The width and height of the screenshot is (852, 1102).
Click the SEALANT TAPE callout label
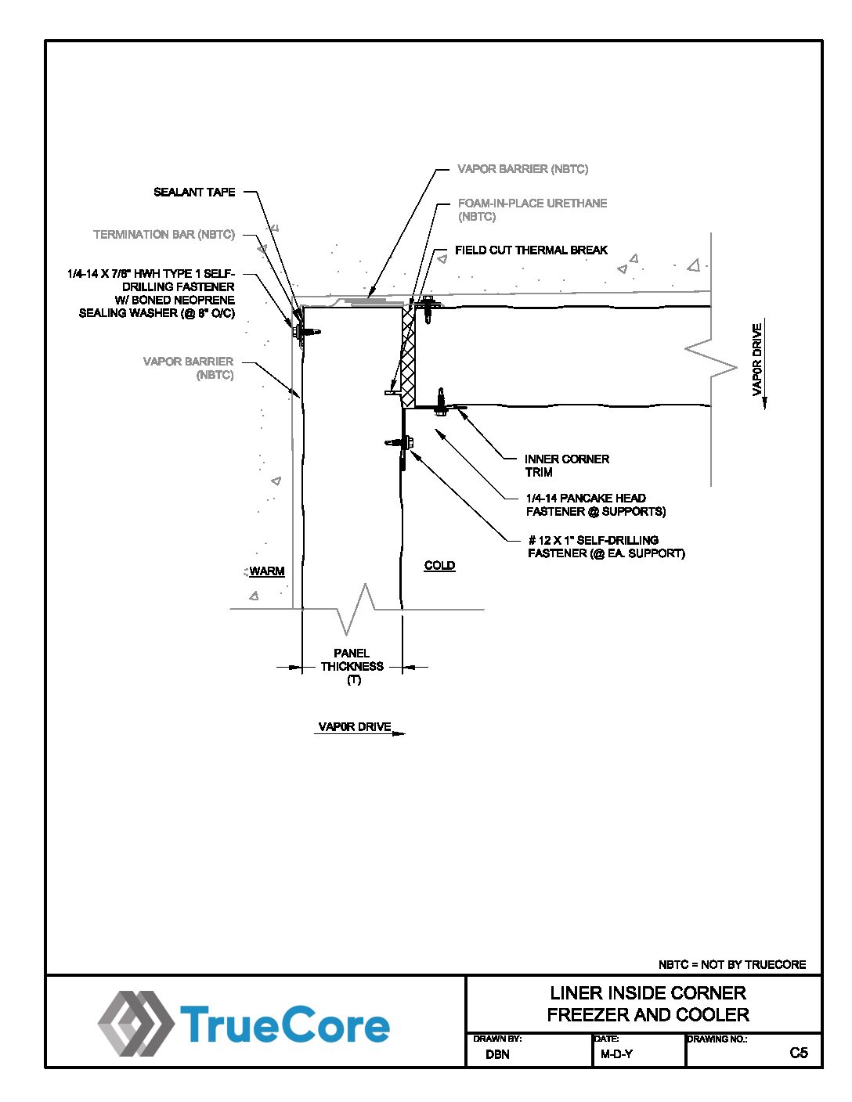pyautogui.click(x=194, y=192)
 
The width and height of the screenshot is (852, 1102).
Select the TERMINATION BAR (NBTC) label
pyautogui.click(x=164, y=234)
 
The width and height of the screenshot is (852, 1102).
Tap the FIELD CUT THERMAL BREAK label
pyautogui.click(x=531, y=250)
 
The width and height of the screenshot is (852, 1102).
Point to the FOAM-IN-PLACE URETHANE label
pyautogui.click(x=532, y=209)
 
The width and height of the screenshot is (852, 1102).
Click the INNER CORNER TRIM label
pyautogui.click(x=566, y=465)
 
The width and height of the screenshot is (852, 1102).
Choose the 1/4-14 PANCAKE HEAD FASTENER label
pyautogui.click(x=595, y=505)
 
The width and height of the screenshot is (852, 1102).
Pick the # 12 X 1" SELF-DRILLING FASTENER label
pyautogui.click(x=605, y=546)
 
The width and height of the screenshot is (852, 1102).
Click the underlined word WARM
pyautogui.click(x=267, y=571)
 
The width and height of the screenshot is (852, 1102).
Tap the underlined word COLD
pyautogui.click(x=439, y=565)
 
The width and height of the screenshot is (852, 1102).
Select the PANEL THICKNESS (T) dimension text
pyautogui.click(x=352, y=666)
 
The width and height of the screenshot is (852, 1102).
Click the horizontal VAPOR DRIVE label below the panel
pyautogui.click(x=355, y=727)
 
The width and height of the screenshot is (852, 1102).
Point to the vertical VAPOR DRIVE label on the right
pyautogui.click(x=757, y=360)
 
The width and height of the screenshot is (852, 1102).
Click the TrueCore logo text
pyautogui.click(x=285, y=1025)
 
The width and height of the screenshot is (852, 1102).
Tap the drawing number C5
pyautogui.click(x=798, y=1053)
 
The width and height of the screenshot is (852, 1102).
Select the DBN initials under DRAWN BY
pyautogui.click(x=497, y=1054)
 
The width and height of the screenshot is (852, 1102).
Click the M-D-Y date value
pyautogui.click(x=616, y=1054)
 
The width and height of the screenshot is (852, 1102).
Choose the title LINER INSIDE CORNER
pyautogui.click(x=648, y=993)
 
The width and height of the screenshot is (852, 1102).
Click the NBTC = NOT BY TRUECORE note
pyautogui.click(x=731, y=964)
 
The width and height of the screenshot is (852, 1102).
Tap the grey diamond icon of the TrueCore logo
pyautogui.click(x=135, y=1024)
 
